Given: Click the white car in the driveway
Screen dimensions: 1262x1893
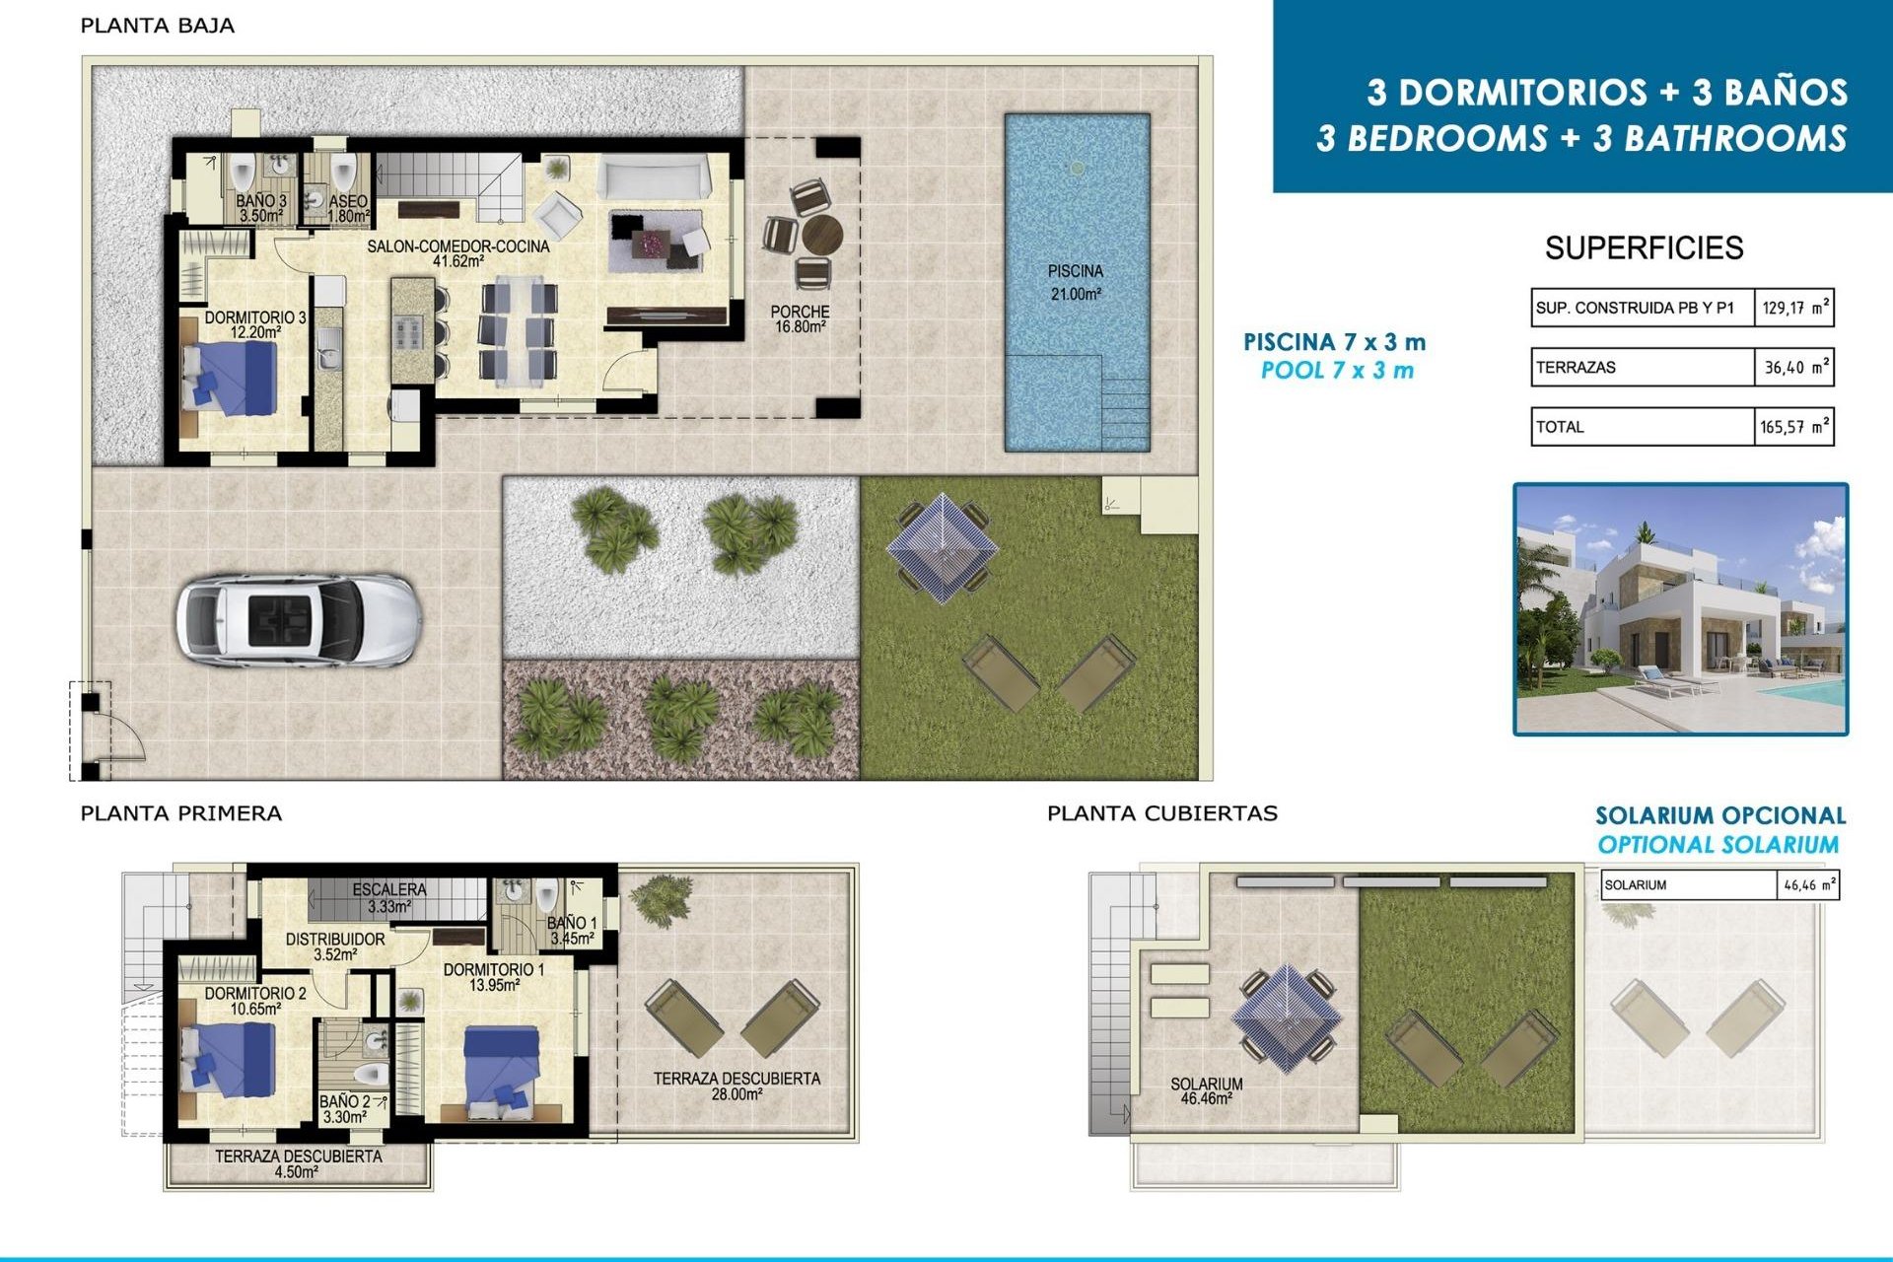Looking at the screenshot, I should tap(299, 620).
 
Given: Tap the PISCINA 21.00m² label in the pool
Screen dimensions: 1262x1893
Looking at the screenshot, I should tap(1075, 282).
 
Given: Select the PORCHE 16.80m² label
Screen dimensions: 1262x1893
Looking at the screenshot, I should tap(800, 318).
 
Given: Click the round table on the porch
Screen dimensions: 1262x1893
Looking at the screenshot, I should tap(821, 236).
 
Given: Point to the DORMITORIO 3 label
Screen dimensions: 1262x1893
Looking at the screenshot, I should tap(255, 324).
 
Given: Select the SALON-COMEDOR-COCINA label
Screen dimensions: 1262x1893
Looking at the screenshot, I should tap(458, 252).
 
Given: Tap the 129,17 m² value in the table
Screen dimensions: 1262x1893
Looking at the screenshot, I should tap(1794, 308).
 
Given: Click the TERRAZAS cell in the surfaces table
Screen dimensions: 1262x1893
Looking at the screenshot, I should tap(1643, 367).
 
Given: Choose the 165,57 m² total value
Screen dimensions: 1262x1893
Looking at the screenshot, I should tap(1794, 427).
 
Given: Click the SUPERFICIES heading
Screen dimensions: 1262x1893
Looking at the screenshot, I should tap(1644, 247).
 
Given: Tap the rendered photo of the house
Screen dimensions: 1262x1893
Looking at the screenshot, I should tap(1680, 608).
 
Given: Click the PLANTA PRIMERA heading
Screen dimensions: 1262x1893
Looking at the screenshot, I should tap(180, 813).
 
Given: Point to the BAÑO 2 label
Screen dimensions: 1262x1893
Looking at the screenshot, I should tap(345, 1109).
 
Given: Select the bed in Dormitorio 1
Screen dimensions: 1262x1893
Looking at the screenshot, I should tap(501, 1070).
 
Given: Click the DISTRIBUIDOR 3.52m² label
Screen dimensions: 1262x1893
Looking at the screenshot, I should tap(335, 946).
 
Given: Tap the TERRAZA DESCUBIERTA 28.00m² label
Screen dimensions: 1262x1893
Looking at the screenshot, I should tap(736, 1086).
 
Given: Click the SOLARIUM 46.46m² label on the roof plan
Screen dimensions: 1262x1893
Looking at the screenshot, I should tap(1206, 1090).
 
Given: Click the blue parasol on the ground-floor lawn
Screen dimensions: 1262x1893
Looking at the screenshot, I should tap(942, 548).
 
